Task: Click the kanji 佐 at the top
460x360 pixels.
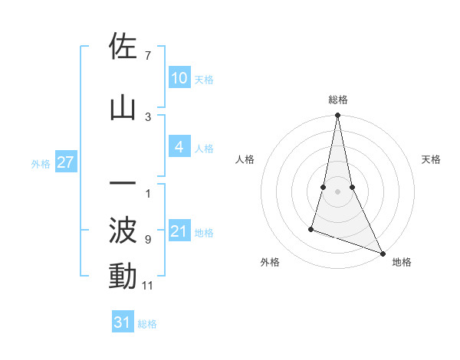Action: click(x=123, y=47)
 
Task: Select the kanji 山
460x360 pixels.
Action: click(x=123, y=108)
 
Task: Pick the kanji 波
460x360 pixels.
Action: click(x=123, y=231)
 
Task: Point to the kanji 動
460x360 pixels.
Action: click(x=123, y=277)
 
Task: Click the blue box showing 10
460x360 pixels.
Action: click(x=179, y=77)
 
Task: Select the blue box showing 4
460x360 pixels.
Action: click(x=179, y=146)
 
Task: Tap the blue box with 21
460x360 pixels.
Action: click(x=179, y=231)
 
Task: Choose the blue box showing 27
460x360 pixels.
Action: click(x=65, y=162)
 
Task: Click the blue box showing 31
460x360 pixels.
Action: click(x=123, y=322)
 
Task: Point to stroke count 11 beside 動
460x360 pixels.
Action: click(x=148, y=286)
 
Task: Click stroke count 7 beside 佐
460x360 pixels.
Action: click(x=147, y=56)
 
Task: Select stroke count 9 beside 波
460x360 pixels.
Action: click(x=147, y=240)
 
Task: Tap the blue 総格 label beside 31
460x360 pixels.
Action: click(x=147, y=324)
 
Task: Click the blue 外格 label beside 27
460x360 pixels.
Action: click(x=41, y=163)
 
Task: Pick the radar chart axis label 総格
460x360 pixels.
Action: click(x=337, y=100)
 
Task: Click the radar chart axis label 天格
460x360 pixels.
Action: click(x=431, y=159)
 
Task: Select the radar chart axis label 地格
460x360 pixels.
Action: click(x=402, y=262)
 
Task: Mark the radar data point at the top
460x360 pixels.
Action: click(x=337, y=116)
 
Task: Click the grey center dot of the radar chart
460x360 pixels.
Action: click(x=337, y=191)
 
